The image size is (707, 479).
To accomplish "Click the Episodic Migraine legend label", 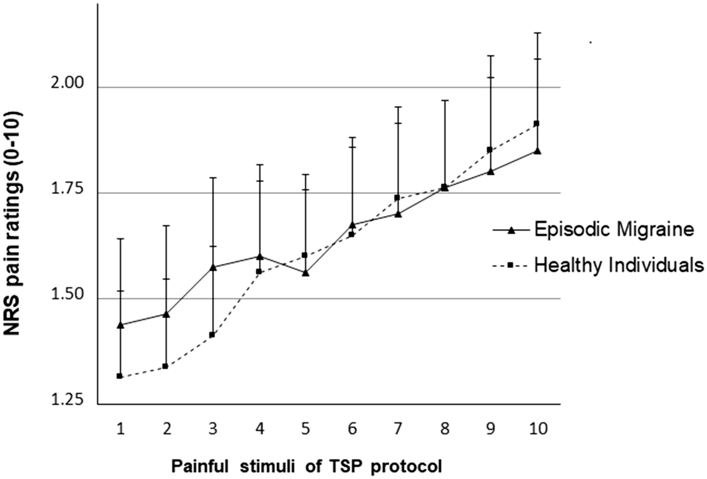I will pyautogui.click(x=614, y=229).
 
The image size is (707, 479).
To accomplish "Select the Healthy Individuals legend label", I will pyautogui.click(x=619, y=265).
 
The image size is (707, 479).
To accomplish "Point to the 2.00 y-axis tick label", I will pyautogui.click(x=68, y=83).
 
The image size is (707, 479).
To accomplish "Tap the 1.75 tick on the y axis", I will pyautogui.click(x=68, y=189).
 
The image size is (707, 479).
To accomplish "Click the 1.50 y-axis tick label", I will pyautogui.click(x=68, y=295).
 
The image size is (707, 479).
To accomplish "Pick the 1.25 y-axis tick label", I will pyautogui.click(x=68, y=400).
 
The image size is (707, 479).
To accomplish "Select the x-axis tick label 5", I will pyautogui.click(x=305, y=429).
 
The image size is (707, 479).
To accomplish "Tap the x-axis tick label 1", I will pyautogui.click(x=120, y=429).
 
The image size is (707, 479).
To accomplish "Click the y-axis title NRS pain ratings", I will pyautogui.click(x=13, y=223).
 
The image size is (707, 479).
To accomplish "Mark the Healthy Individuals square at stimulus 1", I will pyautogui.click(x=120, y=376).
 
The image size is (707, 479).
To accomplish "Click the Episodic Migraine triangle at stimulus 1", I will pyautogui.click(x=120, y=325).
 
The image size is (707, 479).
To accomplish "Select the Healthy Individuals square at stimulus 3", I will pyautogui.click(x=212, y=335).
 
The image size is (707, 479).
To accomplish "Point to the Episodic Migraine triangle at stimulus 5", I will pyautogui.click(x=305, y=272).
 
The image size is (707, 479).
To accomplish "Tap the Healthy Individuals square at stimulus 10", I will pyautogui.click(x=536, y=124).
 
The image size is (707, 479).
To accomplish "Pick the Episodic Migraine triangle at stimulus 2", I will pyautogui.click(x=166, y=314).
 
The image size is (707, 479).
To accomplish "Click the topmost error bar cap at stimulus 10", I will pyautogui.click(x=537, y=33).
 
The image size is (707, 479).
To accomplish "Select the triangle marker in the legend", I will pyautogui.click(x=511, y=230).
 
